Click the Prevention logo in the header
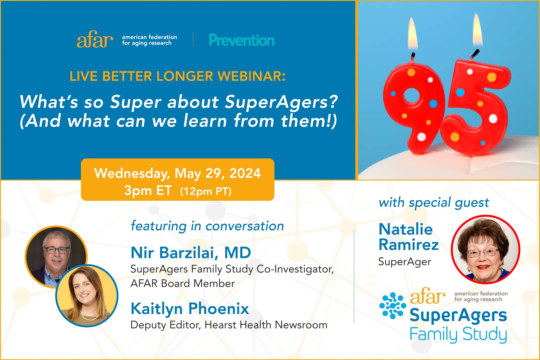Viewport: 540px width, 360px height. (242, 40)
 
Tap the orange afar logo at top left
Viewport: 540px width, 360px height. (95, 40)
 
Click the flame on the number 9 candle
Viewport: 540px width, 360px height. (413, 35)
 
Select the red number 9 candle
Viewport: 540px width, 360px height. (413, 103)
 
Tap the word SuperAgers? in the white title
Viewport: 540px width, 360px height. (281, 102)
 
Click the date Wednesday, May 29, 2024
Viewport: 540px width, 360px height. (177, 173)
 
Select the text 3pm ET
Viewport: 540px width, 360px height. (148, 191)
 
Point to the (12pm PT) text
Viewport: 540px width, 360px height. (206, 191)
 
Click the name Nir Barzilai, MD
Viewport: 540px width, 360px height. (191, 253)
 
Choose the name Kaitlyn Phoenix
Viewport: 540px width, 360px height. (190, 309)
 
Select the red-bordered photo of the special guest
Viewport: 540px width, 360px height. (485, 249)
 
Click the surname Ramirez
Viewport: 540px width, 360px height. (409, 245)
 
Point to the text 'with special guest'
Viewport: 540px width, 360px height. (434, 203)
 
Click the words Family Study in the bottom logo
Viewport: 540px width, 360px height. (458, 334)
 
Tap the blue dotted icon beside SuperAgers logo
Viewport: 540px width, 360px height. (393, 305)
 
